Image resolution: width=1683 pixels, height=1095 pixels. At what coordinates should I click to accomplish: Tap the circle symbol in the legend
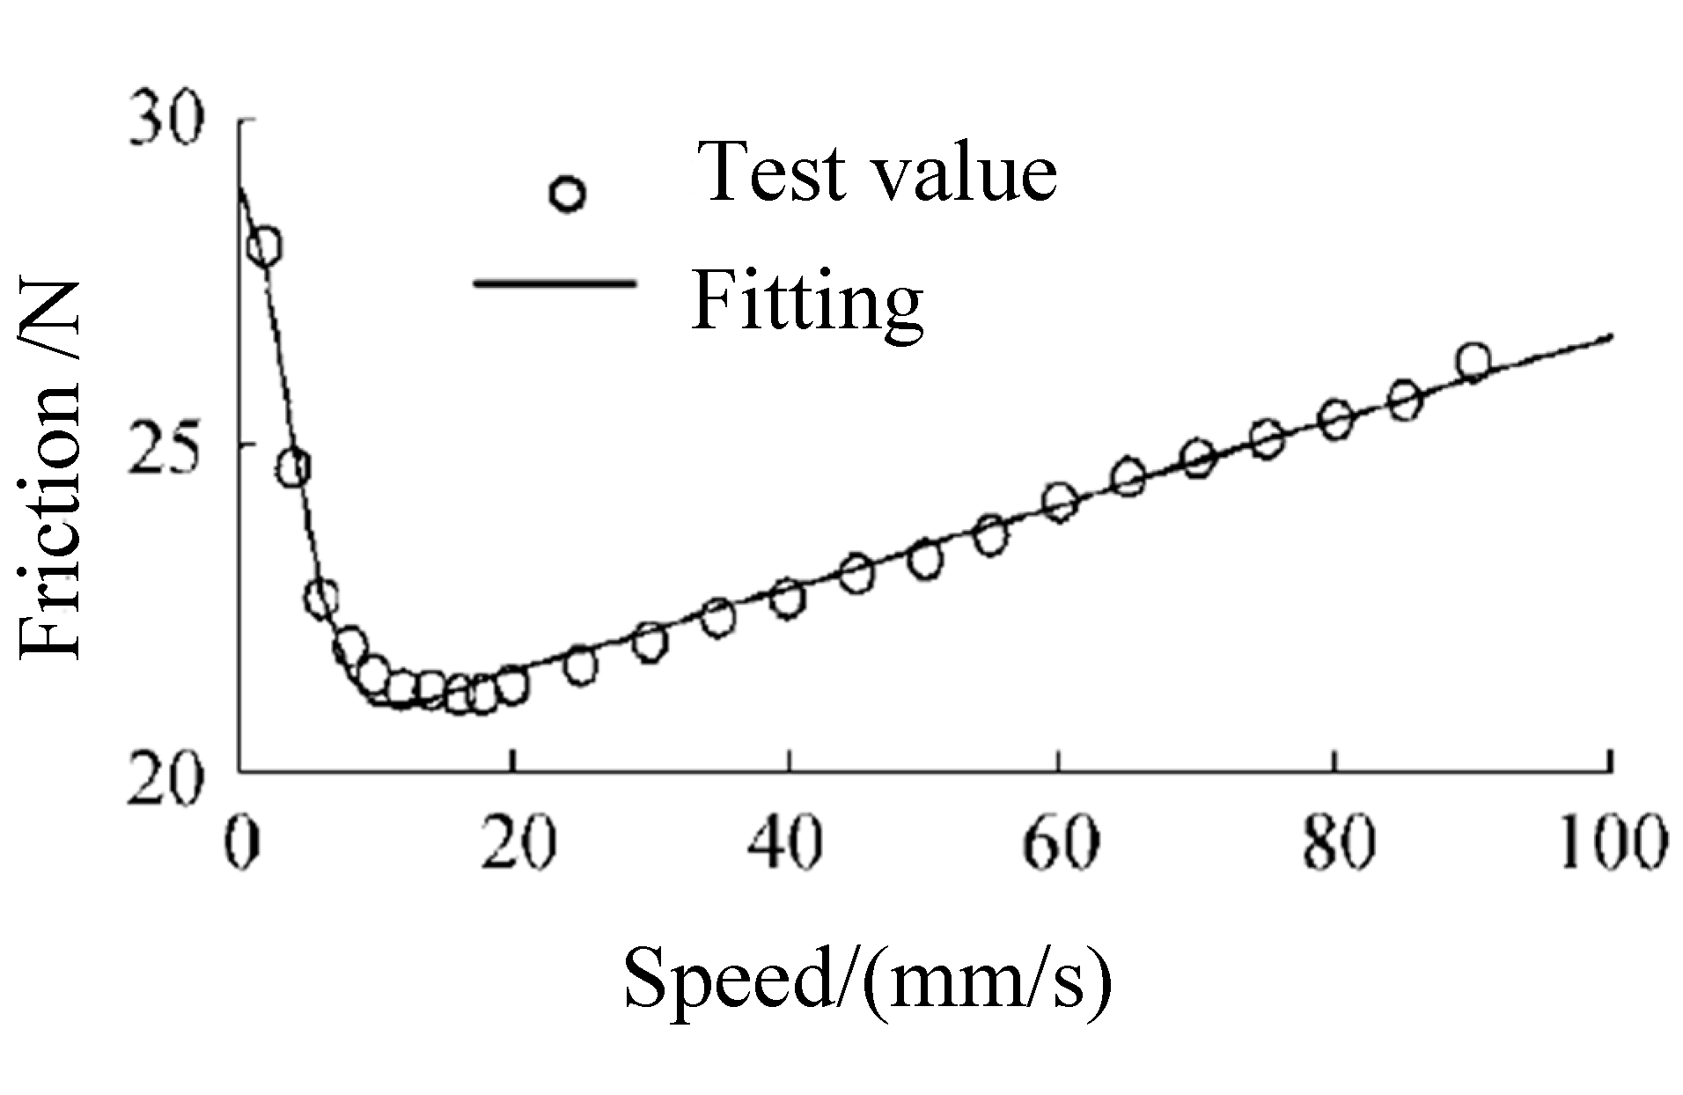[567, 194]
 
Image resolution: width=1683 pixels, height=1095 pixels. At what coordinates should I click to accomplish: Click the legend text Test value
[877, 173]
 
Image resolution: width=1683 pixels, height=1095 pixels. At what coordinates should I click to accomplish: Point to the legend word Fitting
[806, 301]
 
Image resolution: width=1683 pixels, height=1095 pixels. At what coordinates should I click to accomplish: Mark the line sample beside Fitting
[555, 283]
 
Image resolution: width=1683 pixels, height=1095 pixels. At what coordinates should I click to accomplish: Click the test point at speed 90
[1473, 361]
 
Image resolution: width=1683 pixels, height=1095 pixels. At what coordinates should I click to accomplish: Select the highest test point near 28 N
[264, 247]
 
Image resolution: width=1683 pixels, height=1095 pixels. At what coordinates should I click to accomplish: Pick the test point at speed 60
[1060, 502]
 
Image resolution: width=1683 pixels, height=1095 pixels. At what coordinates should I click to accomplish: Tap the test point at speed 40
[787, 599]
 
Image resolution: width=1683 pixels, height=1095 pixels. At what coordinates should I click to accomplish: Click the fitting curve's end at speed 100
[1610, 335]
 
